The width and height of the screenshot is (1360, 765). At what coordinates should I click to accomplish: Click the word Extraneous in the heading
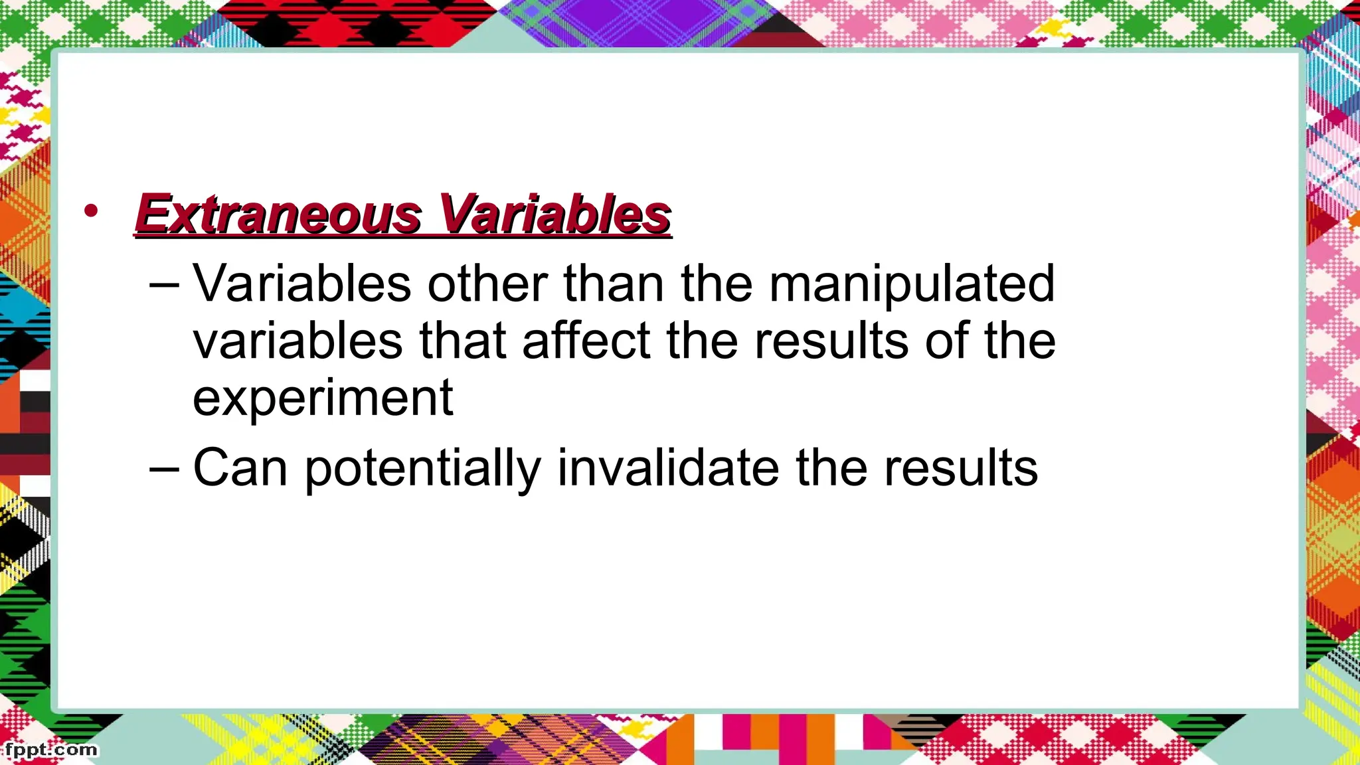coord(278,214)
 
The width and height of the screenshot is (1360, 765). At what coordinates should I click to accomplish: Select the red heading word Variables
coord(555,214)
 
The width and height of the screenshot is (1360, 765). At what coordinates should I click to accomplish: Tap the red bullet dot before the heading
coord(91,212)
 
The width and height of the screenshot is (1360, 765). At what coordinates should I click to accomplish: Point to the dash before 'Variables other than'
coord(164,285)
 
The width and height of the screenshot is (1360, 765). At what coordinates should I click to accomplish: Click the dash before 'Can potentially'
coord(164,468)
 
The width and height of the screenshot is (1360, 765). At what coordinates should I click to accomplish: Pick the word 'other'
coord(487,284)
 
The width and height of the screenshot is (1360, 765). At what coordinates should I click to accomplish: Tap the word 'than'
coord(614,284)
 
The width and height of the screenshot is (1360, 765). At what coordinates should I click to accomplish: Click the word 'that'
coord(463,341)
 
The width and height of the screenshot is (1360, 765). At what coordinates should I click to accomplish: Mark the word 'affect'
coord(586,341)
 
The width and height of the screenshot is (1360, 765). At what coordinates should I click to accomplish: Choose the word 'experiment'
coord(323,398)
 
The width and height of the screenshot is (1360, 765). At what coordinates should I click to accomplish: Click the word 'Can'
coord(240,468)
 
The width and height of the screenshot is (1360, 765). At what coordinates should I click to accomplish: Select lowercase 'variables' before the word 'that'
coord(297,341)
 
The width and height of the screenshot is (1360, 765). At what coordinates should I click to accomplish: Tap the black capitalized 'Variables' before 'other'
coord(302,284)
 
